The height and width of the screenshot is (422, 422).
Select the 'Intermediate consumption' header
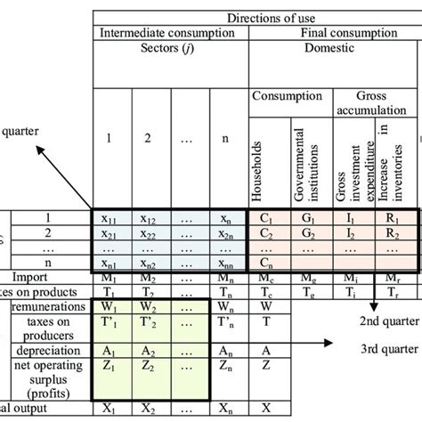pos(169,33)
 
